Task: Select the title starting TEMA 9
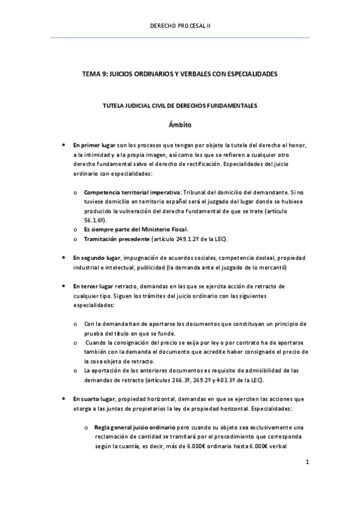click(x=180, y=73)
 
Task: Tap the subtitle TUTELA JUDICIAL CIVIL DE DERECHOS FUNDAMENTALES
click(x=180, y=106)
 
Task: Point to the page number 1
click(x=307, y=462)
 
